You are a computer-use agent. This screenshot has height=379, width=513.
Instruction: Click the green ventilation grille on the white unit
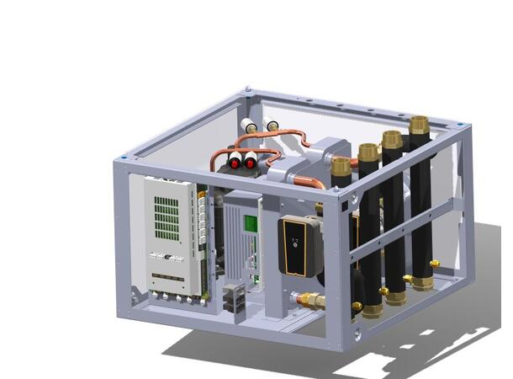point(167,214)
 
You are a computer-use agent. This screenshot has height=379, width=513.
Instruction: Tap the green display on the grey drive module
point(250,223)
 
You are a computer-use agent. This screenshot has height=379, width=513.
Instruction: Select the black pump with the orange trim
point(295,245)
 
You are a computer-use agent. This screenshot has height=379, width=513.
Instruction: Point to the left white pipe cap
point(248,126)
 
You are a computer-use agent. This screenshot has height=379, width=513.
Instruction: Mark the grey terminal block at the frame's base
point(235,296)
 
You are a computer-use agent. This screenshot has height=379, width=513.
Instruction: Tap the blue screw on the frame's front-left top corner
point(124,157)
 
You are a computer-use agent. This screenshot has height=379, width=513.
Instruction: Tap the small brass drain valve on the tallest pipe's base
point(435,264)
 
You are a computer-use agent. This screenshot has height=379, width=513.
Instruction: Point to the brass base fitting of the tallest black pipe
point(422,282)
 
